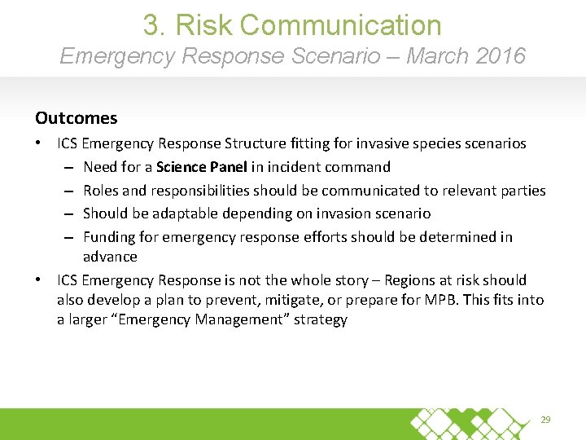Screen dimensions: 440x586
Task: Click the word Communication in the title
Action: [x=341, y=24]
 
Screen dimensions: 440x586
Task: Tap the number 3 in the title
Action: [x=151, y=24]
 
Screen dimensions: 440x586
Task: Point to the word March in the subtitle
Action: [x=432, y=56]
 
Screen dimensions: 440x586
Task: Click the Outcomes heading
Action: [x=76, y=118]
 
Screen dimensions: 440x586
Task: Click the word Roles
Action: [x=100, y=191]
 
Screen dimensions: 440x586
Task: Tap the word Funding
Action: [x=110, y=237]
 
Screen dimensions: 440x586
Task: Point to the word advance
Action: [x=110, y=257]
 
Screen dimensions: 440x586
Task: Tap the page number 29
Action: [x=546, y=420]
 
